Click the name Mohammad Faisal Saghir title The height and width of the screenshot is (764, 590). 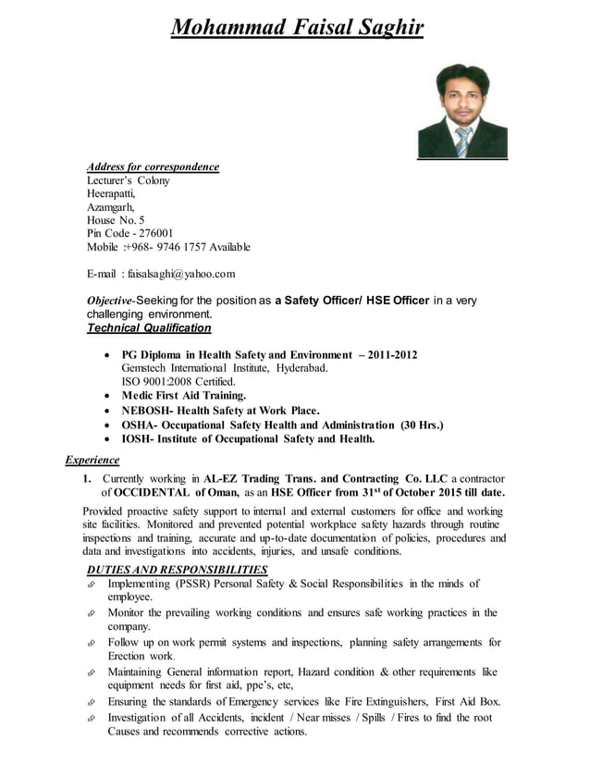coord(298,28)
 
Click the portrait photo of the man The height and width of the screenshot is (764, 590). coord(462,111)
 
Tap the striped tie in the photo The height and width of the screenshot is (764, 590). coord(463,142)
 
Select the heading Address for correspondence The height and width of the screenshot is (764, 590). coord(153,167)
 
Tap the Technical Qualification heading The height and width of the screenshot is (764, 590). coord(148,327)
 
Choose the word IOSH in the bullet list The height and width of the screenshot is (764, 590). coord(138,439)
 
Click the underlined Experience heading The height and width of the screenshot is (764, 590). coord(92,460)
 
